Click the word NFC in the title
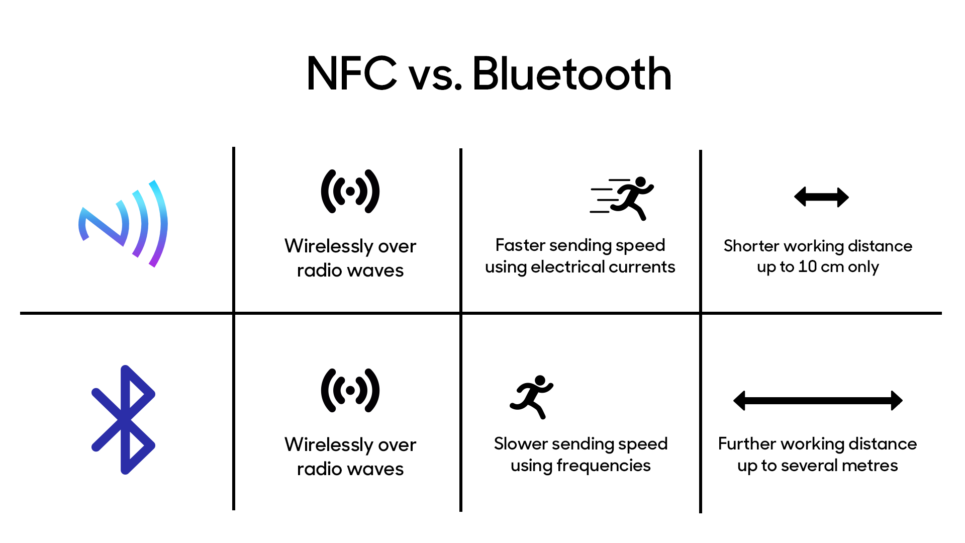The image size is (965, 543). point(351,74)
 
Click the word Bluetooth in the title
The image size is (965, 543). point(571,74)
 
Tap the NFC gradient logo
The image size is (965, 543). point(123,224)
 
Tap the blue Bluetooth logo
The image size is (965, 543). point(123,420)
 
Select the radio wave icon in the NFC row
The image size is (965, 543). point(350,192)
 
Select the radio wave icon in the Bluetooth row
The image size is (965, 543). point(350,390)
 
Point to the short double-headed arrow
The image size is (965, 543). point(821,197)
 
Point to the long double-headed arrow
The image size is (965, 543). point(818,401)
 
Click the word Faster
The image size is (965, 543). point(520,245)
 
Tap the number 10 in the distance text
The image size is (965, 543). point(807,267)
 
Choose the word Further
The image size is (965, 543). point(747,444)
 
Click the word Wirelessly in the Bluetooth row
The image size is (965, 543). point(328,445)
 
